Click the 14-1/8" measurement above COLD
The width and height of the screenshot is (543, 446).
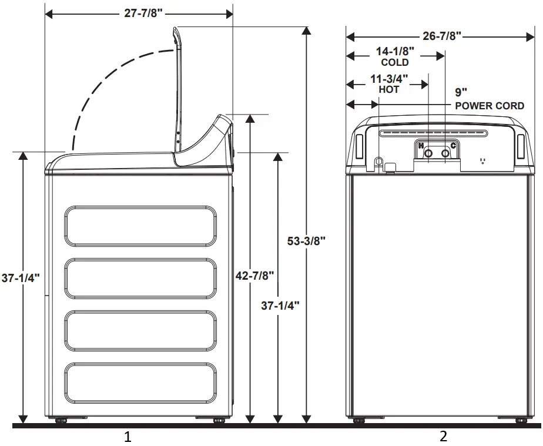(395, 51)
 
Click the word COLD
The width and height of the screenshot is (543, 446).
(395, 62)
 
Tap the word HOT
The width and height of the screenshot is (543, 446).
(389, 90)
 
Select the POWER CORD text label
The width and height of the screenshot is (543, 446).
(490, 106)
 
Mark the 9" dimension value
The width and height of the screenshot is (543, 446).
(461, 92)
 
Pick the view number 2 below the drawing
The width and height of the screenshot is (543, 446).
(443, 437)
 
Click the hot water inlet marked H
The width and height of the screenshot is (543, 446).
(428, 153)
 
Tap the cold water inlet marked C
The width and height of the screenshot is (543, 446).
(445, 153)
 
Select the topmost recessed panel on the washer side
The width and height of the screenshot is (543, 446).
(140, 226)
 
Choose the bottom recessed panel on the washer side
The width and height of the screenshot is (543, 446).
(140, 383)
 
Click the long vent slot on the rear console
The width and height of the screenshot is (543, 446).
(433, 133)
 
